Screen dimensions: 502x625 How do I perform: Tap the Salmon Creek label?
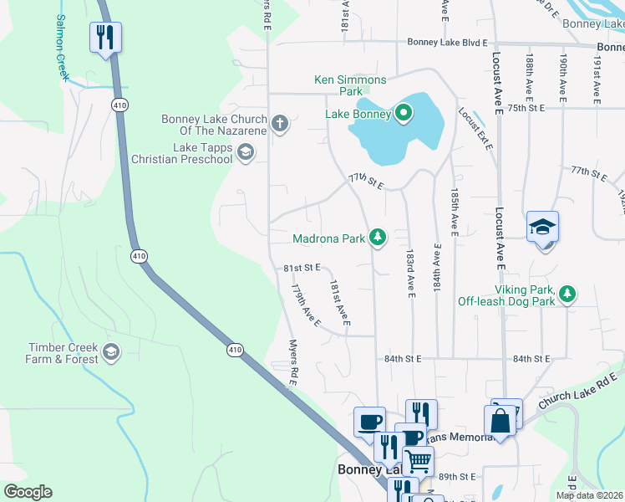tap(60, 47)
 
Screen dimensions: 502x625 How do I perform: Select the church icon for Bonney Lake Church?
tap(279, 125)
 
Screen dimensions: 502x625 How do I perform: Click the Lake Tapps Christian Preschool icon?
tap(246, 151)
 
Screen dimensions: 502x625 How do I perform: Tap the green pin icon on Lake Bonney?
tap(404, 113)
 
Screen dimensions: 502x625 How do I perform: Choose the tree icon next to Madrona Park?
tap(379, 238)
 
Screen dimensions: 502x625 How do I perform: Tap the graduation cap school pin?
tap(542, 227)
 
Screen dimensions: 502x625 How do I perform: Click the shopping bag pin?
tap(499, 422)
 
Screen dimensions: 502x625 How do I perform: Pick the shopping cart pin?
tap(418, 459)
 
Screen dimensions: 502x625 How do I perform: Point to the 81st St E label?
tap(302, 268)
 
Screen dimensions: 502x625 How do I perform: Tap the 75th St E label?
tap(526, 108)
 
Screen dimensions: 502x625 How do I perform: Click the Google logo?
tap(28, 492)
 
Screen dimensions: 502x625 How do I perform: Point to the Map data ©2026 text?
tap(589, 495)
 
